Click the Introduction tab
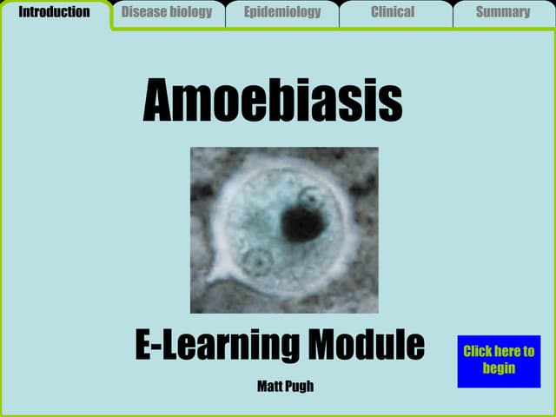[x=54, y=12]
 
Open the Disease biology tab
[x=167, y=12]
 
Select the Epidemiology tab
[x=282, y=12]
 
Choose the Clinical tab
[x=393, y=12]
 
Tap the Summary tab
[x=503, y=12]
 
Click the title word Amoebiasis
[x=272, y=101]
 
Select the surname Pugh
[x=299, y=387]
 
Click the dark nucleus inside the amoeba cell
[x=301, y=224]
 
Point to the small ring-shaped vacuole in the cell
[x=256, y=260]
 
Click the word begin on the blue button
[x=499, y=367]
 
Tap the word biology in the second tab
[x=189, y=12]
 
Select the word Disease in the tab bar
[x=142, y=12]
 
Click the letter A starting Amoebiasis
[x=162, y=101]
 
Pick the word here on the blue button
[x=505, y=351]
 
